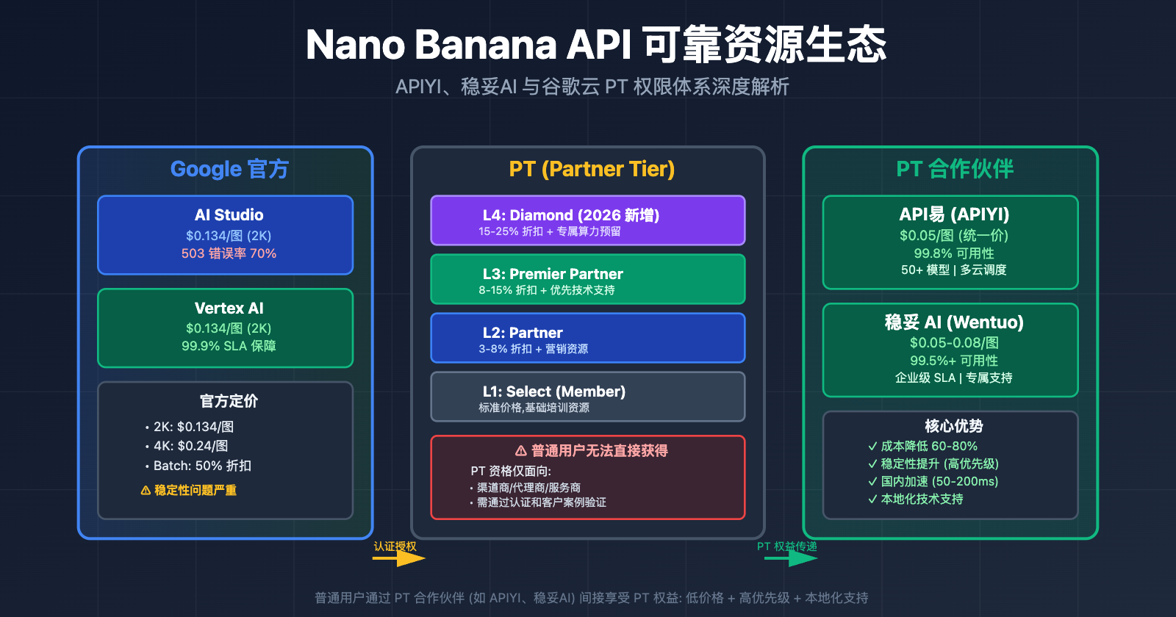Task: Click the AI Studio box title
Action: [x=229, y=215]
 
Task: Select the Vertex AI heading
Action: [x=229, y=308]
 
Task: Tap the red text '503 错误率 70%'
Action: [x=229, y=253]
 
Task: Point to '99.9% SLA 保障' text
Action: [x=229, y=346]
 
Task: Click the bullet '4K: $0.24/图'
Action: [x=190, y=446]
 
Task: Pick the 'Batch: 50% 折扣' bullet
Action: [x=202, y=466]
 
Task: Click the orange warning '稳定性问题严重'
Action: [x=189, y=490]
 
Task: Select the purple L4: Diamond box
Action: [x=587, y=220]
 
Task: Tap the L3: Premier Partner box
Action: [x=587, y=279]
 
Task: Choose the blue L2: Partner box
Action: [x=587, y=338]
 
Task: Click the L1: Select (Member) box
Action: [x=587, y=397]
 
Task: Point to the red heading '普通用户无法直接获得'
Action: [x=592, y=451]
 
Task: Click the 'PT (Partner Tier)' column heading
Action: [x=592, y=169]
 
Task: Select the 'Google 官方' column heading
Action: [x=229, y=169]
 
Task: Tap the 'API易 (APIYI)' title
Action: [x=954, y=214]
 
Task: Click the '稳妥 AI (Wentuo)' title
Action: [x=954, y=322]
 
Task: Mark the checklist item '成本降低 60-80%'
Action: [x=929, y=446]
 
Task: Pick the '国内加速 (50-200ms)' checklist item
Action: [x=939, y=481]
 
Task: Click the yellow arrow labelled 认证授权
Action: [x=399, y=558]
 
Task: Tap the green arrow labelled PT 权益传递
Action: [x=791, y=558]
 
